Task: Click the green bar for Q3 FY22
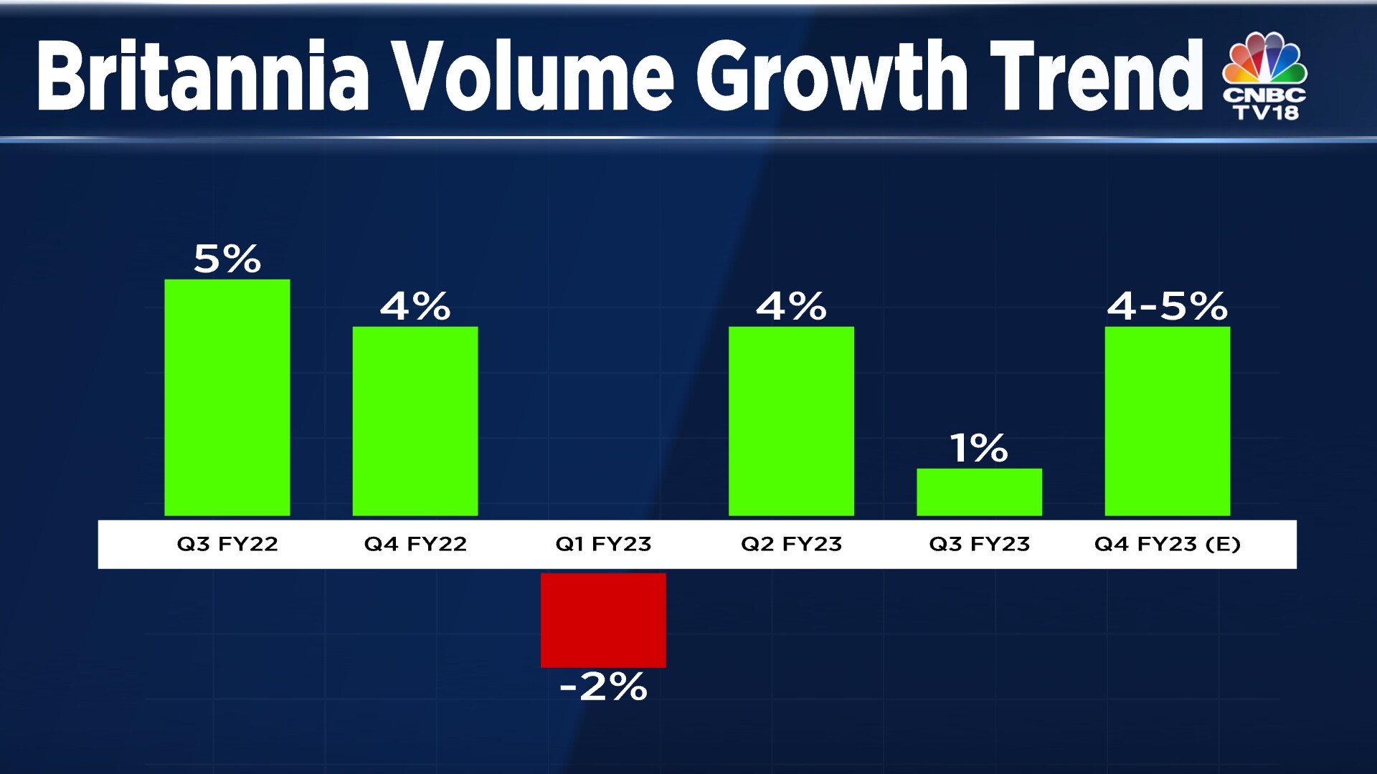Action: (227, 397)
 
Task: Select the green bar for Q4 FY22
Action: (415, 421)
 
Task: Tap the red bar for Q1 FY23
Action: (603, 620)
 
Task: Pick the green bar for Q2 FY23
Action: (791, 421)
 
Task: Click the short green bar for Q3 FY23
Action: (979, 492)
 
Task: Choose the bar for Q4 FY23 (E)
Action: (1167, 421)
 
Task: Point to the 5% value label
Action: (227, 259)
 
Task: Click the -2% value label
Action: (603, 687)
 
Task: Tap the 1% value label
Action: (979, 449)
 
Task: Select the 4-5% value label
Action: (1167, 306)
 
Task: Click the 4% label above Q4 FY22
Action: (415, 307)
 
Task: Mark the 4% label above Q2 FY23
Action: (791, 307)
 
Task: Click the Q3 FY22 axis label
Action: (227, 544)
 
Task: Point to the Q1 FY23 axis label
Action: (603, 544)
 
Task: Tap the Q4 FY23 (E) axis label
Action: (1167, 544)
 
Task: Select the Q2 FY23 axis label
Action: (791, 544)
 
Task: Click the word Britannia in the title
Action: (203, 76)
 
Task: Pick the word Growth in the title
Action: (832, 76)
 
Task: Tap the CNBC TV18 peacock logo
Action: (1265, 76)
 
